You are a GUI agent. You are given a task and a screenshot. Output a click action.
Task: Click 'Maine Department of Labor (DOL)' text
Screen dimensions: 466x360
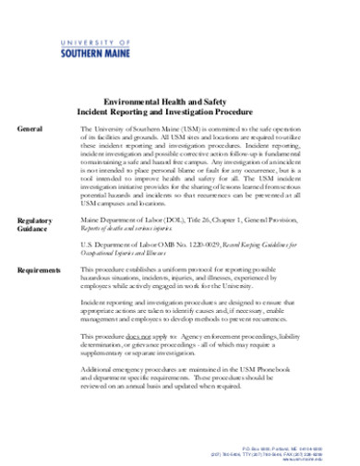149,220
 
